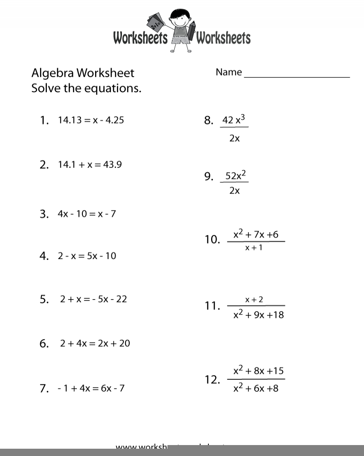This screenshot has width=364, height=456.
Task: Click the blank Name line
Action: (297, 75)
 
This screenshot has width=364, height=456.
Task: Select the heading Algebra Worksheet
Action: (83, 73)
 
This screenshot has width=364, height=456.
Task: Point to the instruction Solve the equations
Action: (86, 88)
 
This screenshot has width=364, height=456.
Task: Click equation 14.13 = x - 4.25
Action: (91, 120)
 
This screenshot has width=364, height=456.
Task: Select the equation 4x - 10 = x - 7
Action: (86, 213)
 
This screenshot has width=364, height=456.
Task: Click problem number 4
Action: (44, 256)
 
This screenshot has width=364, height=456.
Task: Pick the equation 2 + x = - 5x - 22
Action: (93, 299)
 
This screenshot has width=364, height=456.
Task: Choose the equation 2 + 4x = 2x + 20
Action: (95, 343)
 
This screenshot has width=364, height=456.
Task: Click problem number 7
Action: (44, 389)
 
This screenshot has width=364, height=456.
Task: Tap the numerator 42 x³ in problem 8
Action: (234, 120)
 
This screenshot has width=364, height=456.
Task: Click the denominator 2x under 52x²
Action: (234, 191)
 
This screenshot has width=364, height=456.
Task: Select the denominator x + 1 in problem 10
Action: (254, 248)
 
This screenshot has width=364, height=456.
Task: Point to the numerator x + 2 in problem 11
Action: (254, 300)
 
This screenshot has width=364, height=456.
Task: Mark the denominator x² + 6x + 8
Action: (255, 388)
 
